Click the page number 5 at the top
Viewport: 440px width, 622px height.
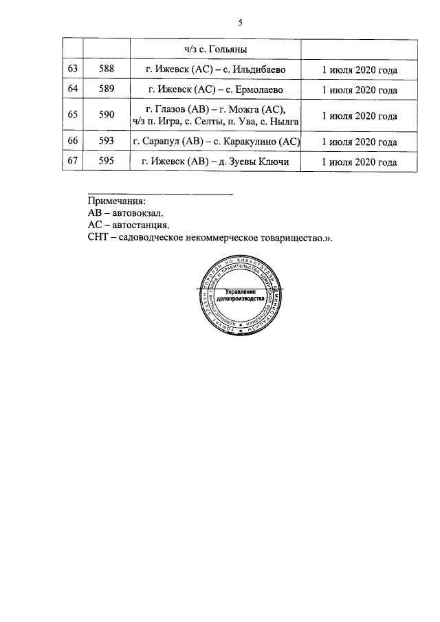point(241,23)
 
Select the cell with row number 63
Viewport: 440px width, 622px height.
point(72,70)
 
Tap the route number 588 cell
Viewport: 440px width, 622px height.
point(106,70)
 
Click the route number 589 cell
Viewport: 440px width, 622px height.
point(106,90)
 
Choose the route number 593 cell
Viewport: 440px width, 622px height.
point(106,142)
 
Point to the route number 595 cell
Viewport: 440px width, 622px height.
point(106,163)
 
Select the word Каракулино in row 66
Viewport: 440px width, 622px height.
point(252,142)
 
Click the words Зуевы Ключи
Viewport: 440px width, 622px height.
point(260,163)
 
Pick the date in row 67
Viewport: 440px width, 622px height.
point(360,163)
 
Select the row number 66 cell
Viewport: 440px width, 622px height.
point(72,142)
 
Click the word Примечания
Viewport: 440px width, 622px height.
point(117,202)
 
